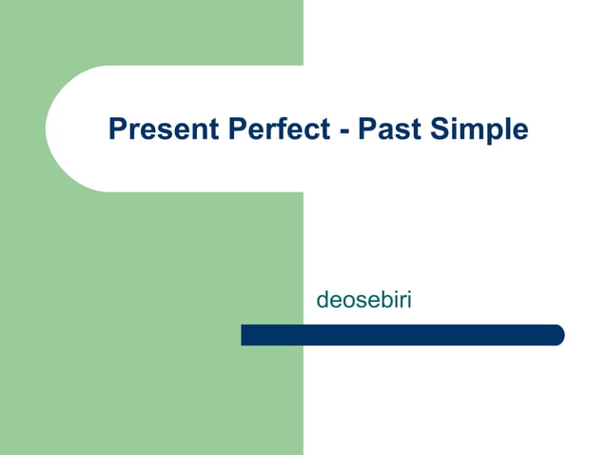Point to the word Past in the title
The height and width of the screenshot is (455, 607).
[x=387, y=129]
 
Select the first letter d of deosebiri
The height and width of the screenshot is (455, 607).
[x=323, y=301]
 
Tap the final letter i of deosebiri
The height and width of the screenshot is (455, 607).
[x=408, y=301]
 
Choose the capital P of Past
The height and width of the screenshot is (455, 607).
[x=365, y=129]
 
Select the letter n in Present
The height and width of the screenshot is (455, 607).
[x=197, y=130]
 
